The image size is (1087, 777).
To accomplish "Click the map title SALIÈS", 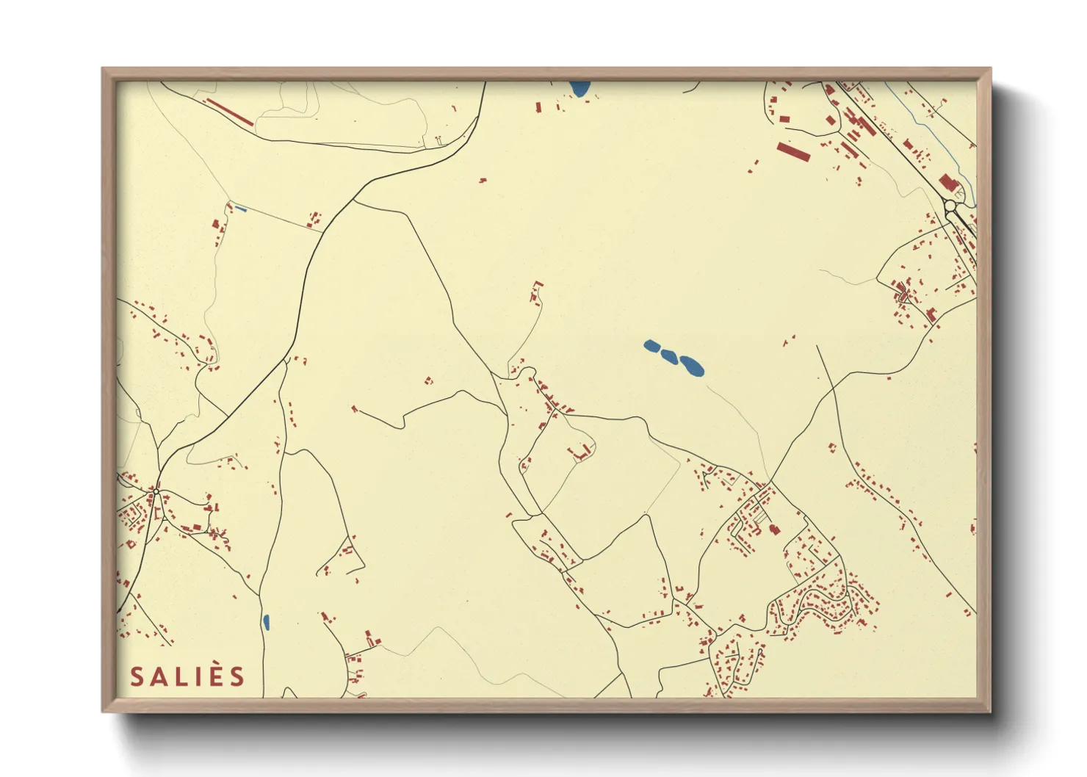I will point(187,676).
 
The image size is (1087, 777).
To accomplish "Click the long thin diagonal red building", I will point(228,112).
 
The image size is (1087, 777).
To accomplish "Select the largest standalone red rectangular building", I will point(794,152).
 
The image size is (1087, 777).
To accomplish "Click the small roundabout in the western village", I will point(156,491).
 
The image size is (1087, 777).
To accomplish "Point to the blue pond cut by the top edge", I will point(579,89).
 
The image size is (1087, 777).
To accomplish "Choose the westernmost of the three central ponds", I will point(651,345).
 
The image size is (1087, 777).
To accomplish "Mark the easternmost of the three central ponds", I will point(692,365).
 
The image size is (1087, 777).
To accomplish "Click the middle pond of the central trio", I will point(668,355).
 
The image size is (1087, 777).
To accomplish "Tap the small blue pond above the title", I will point(266,622).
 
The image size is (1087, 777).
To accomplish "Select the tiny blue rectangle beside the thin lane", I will point(240,209).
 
